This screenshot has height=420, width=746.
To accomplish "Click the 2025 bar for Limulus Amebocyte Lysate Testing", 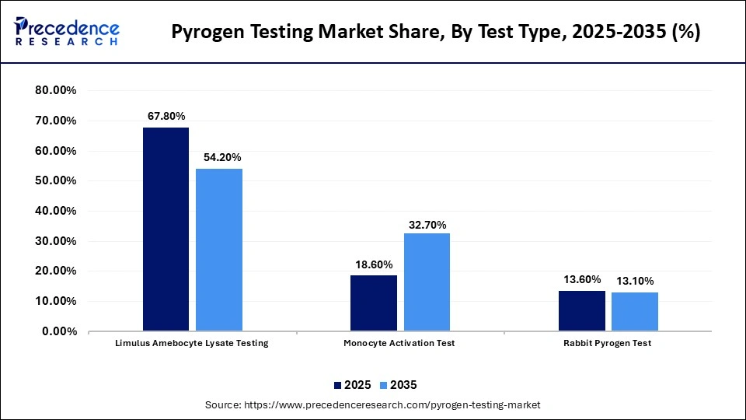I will [x=166, y=229].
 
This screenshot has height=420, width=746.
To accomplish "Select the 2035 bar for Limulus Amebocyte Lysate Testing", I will [x=219, y=250].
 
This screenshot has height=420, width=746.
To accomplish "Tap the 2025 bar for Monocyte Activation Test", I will [x=374, y=303].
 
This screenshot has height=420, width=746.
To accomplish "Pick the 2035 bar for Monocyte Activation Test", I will [x=427, y=282].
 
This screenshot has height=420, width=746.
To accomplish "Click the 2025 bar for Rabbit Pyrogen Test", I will [x=581, y=311].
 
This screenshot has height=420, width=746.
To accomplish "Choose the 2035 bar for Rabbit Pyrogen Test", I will [x=634, y=312].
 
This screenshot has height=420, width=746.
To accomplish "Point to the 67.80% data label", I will [x=166, y=116].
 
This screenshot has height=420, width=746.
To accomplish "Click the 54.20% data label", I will [x=220, y=157].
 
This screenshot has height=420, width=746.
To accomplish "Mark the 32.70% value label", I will [x=427, y=225].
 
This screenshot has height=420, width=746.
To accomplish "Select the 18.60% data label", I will [x=374, y=264].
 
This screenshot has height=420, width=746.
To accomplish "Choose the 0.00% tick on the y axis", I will [x=58, y=331].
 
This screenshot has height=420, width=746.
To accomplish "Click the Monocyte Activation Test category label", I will [x=399, y=344].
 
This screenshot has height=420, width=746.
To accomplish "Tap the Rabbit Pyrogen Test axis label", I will [x=608, y=344].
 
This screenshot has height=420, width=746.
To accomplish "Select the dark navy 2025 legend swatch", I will [x=338, y=385].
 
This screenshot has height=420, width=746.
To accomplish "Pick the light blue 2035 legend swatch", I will [x=382, y=385].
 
